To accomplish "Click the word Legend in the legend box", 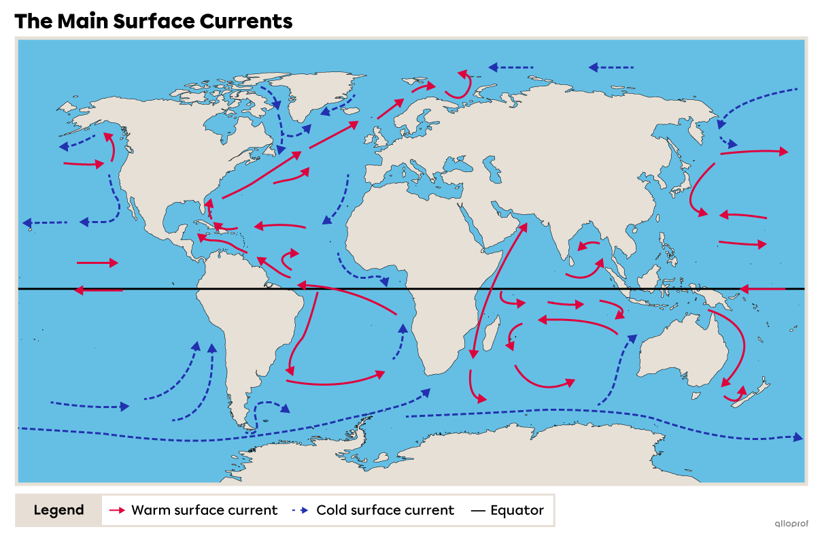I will click(x=59, y=510).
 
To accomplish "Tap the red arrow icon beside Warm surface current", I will click(x=118, y=510).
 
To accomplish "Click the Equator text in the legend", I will click(x=517, y=510).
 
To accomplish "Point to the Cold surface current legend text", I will click(x=385, y=510).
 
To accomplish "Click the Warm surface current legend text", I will click(x=204, y=510).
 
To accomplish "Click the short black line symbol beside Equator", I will click(x=478, y=510).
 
